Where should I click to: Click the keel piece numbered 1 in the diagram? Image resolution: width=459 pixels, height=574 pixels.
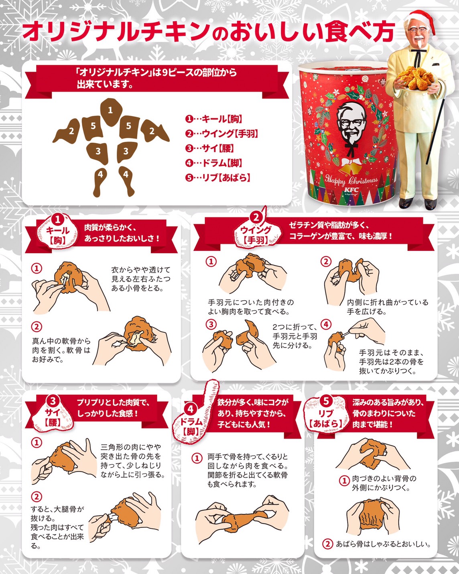pyautogui.click(x=111, y=111)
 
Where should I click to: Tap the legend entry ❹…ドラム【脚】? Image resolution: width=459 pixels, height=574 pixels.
pyautogui.click(x=213, y=163)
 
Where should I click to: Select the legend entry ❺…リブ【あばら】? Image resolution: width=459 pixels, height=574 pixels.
pyautogui.click(x=218, y=178)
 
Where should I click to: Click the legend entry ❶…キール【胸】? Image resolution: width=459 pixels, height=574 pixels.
pyautogui.click(x=213, y=119)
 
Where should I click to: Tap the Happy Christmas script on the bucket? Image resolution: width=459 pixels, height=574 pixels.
pyautogui.click(x=351, y=180)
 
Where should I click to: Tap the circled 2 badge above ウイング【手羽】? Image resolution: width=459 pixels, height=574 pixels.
pyautogui.click(x=256, y=217)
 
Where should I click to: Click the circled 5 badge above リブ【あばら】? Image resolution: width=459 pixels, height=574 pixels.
pyautogui.click(x=326, y=400)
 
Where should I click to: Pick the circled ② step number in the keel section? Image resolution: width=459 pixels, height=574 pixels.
pyautogui.click(x=37, y=327)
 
